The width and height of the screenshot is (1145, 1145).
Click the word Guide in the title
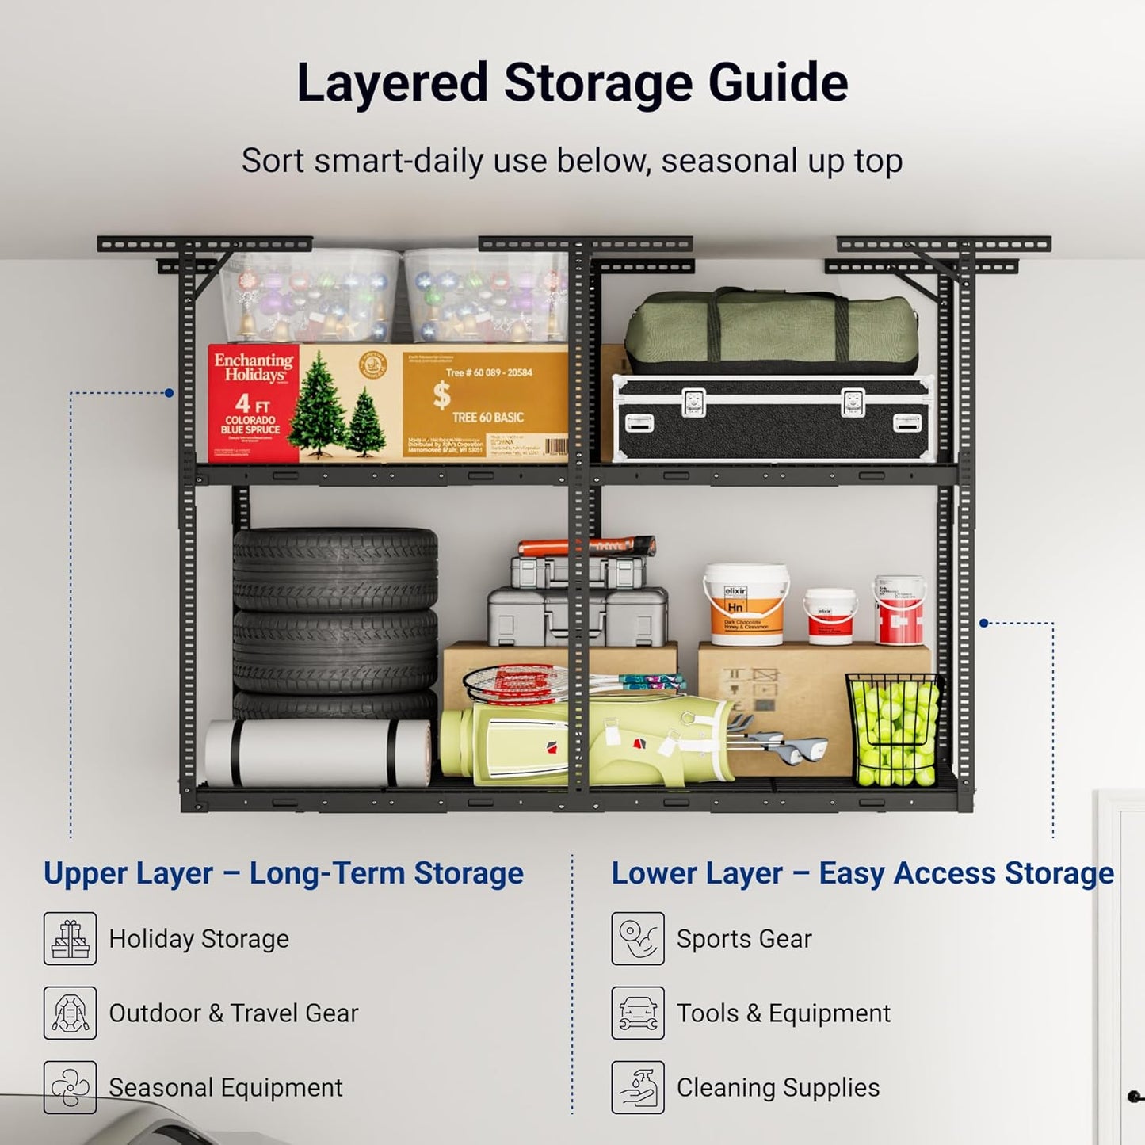pos(777,83)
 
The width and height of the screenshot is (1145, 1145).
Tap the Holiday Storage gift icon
pos(71,938)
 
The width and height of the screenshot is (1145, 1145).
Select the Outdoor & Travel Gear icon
pos(71,1013)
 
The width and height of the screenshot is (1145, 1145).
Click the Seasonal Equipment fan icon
pos(71,1087)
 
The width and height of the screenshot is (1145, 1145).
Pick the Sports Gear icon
pos(638,938)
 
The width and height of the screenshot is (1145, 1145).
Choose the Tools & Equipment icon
pos(638,1013)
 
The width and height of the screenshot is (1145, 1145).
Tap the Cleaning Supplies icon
pos(638,1087)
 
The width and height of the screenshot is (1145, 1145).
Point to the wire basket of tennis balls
pos(894,729)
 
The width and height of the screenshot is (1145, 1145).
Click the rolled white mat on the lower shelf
pos(318,753)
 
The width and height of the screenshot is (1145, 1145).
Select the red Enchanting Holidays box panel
pos(254,403)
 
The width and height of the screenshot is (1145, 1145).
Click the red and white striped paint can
pos(899,610)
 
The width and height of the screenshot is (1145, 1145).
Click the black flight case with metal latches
pos(773,418)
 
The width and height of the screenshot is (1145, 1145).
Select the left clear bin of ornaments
pos(310,296)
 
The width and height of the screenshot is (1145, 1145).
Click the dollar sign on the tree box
pos(441,395)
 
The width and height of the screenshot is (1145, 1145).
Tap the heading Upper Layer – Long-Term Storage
pos(283,873)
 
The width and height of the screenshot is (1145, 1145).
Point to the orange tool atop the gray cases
pos(586,546)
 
